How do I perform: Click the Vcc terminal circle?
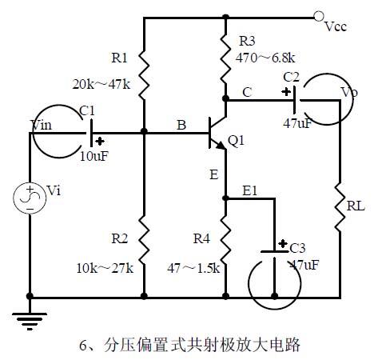[320, 16]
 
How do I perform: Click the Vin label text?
[41, 125]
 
